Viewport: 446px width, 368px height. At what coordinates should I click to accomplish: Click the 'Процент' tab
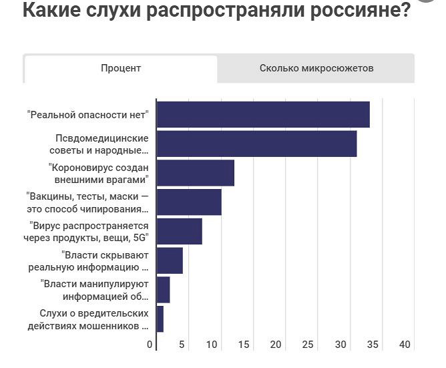(121, 69)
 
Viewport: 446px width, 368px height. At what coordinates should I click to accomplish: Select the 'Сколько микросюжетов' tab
(316, 69)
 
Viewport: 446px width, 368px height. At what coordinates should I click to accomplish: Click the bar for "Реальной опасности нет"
(262, 115)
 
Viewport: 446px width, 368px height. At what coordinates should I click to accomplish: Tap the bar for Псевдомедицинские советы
(256, 144)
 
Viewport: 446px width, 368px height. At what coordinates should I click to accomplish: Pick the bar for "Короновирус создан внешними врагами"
(195, 173)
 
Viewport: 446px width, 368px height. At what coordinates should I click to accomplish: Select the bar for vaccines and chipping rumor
(188, 202)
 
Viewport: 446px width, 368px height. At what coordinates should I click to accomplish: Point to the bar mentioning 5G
(179, 231)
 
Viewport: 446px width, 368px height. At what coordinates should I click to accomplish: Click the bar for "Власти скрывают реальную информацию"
(170, 260)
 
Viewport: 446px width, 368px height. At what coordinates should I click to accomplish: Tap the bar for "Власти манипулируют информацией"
(163, 289)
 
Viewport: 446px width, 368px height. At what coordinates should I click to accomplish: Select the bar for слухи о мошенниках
(160, 319)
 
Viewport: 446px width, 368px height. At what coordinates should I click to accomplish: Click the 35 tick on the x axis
(373, 345)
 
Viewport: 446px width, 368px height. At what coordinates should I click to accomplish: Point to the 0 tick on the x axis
(150, 345)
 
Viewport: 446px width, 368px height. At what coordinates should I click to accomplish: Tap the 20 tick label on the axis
(276, 345)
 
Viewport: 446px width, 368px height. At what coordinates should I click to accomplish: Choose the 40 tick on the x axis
(405, 345)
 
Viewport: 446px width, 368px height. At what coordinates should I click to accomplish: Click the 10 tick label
(212, 345)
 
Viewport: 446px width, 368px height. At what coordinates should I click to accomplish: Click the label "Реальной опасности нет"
(87, 115)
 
